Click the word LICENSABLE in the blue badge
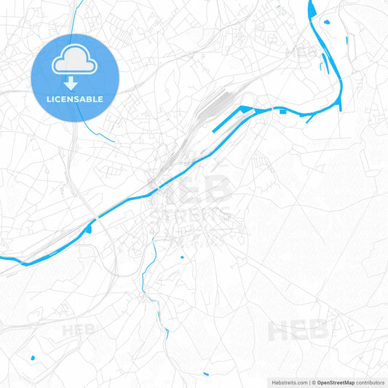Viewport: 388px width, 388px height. [x=75, y=99]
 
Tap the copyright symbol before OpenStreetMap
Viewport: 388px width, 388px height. [x=313, y=382]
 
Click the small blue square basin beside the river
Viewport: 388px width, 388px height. [x=282, y=111]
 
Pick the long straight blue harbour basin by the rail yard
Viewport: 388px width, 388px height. [x=230, y=120]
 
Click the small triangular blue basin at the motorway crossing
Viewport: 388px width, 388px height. [x=88, y=230]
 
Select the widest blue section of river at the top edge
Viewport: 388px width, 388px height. [x=312, y=9]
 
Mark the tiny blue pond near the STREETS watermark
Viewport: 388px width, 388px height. [x=182, y=257]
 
